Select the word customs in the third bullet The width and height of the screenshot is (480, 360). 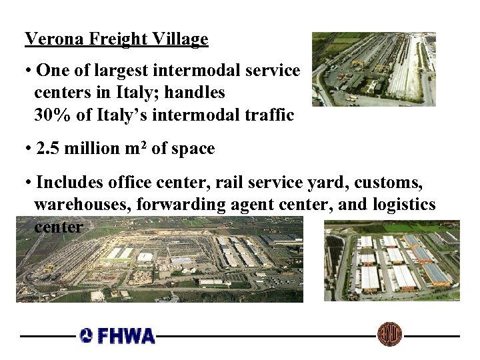tap(394, 182)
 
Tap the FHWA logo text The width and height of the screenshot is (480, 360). tap(127, 335)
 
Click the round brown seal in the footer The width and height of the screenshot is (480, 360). tap(389, 334)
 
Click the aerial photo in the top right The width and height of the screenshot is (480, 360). tap(373, 69)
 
